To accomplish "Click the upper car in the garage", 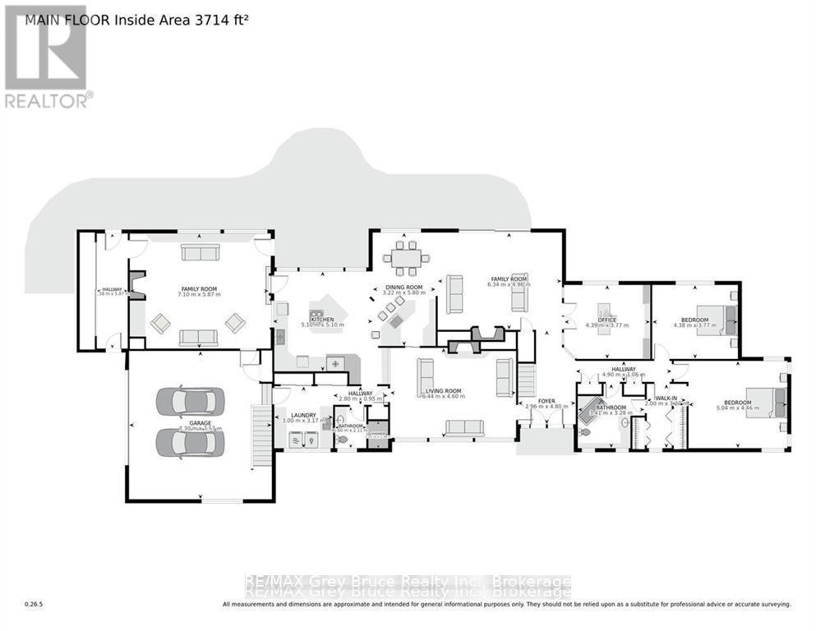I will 190,401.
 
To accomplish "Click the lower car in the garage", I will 190,443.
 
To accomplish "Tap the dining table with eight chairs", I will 404,259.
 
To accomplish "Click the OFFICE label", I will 607,319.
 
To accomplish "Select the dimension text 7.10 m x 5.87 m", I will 199,295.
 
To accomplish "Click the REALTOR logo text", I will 48,100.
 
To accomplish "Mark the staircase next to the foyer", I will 526,381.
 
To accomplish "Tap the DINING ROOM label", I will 403,288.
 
